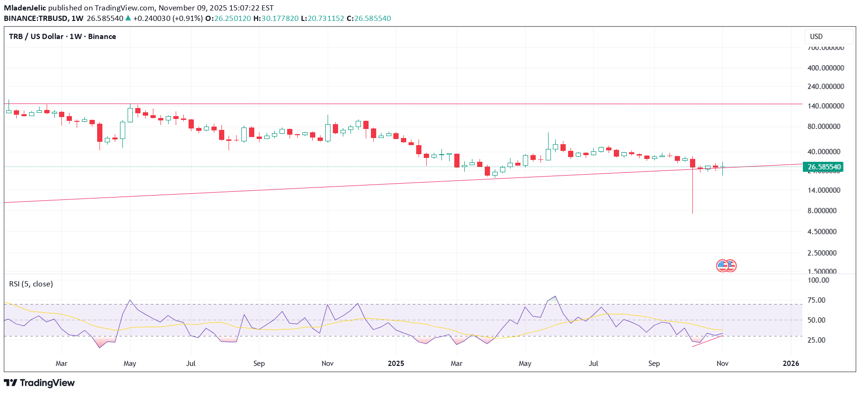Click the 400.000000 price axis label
(825, 68)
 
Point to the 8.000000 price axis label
(822, 211)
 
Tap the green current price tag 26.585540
(823, 167)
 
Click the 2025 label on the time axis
(396, 364)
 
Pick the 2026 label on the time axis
(791, 364)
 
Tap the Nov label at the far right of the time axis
(722, 364)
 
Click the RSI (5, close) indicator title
(31, 284)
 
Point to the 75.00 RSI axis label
(817, 300)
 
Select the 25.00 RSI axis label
(817, 340)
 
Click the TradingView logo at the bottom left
(40, 383)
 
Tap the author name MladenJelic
(25, 8)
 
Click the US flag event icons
(726, 266)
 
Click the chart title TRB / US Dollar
(36, 37)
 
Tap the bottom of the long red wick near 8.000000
(692, 212)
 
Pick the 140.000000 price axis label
(825, 106)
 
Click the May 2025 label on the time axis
(525, 364)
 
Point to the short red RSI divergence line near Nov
(708, 341)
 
